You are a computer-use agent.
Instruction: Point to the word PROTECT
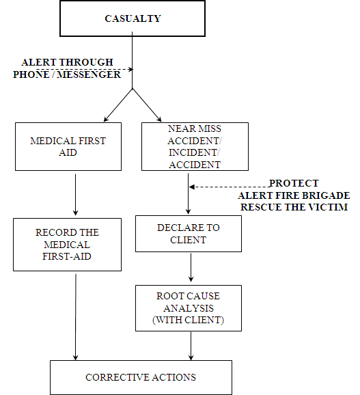[x=294, y=183]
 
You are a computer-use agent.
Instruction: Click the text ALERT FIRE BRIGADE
[x=294, y=195]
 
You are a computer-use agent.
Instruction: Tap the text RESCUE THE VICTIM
[x=294, y=207]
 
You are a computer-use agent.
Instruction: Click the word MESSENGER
[x=89, y=74]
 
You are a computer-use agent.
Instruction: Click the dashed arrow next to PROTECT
[x=230, y=187]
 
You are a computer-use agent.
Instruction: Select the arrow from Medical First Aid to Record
[x=76, y=195]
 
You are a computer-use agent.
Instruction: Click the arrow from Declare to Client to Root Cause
[x=191, y=267]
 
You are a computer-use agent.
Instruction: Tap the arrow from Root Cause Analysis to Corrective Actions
[x=191, y=346]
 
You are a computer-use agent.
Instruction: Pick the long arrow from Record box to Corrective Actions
[x=76, y=317]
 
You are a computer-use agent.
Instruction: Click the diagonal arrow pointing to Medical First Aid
[x=118, y=105]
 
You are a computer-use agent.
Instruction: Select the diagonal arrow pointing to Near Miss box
[x=147, y=105]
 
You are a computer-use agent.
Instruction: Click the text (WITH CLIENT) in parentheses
[x=189, y=320]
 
